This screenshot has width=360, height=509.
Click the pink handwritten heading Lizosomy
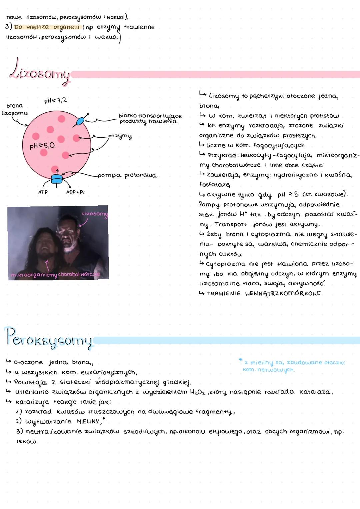click(x=40, y=72)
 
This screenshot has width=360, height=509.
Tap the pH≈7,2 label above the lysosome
click(x=55, y=100)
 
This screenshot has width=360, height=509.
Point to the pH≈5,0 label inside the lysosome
click(x=42, y=146)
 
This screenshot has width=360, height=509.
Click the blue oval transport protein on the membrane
click(x=80, y=121)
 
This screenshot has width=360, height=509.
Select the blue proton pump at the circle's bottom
click(x=57, y=179)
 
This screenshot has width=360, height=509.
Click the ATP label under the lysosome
click(x=43, y=192)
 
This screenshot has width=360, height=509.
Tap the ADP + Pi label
click(x=75, y=192)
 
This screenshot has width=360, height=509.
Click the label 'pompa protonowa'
click(x=127, y=176)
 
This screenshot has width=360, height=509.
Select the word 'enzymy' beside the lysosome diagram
click(x=120, y=136)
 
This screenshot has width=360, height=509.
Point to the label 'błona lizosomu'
click(x=15, y=109)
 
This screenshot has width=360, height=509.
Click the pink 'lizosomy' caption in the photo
click(x=95, y=214)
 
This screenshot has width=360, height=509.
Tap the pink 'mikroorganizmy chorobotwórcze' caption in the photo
click(x=55, y=275)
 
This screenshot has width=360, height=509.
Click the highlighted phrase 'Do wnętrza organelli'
click(x=47, y=27)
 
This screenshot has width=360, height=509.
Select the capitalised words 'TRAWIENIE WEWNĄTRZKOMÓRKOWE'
click(x=263, y=293)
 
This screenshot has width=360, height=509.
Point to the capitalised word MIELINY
click(x=88, y=422)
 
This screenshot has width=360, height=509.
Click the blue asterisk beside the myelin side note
click(x=240, y=360)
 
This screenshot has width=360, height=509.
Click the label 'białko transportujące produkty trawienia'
click(x=150, y=119)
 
